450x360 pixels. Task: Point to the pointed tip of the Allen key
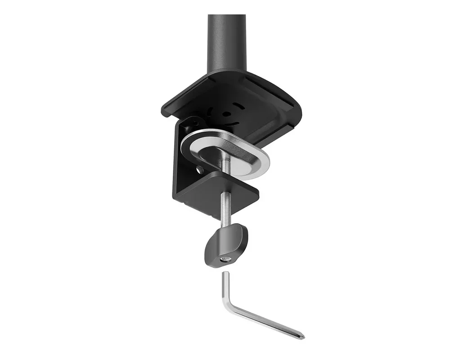coord(302,337)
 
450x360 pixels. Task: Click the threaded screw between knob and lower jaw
coord(226,211)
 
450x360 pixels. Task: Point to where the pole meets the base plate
coord(227,72)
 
